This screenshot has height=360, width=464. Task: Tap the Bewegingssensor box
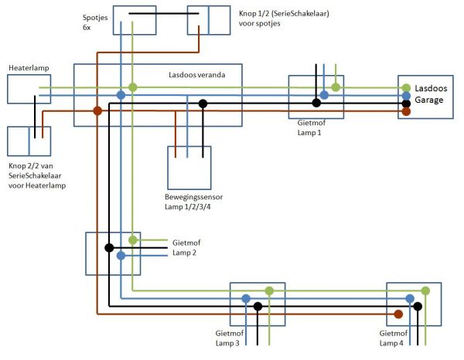[189, 168]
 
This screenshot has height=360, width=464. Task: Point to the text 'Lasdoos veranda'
[197, 75]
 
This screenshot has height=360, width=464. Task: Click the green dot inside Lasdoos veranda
[133, 87]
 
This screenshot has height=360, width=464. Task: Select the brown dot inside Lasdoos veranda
[97, 110]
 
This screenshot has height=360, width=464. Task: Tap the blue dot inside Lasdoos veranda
[121, 95]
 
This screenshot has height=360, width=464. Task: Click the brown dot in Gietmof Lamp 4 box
[397, 314]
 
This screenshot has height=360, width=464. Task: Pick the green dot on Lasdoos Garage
[406, 87]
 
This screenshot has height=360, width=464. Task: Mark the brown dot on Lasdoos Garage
[406, 111]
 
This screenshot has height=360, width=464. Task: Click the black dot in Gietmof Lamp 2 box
[109, 248]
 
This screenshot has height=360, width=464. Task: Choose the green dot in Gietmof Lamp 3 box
[269, 291]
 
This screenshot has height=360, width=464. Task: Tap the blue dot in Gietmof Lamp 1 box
[324, 95]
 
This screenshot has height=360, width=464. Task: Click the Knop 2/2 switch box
[29, 141]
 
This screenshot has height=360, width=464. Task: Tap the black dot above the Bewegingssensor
[203, 104]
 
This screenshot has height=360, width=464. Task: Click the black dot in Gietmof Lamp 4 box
[418, 307]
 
